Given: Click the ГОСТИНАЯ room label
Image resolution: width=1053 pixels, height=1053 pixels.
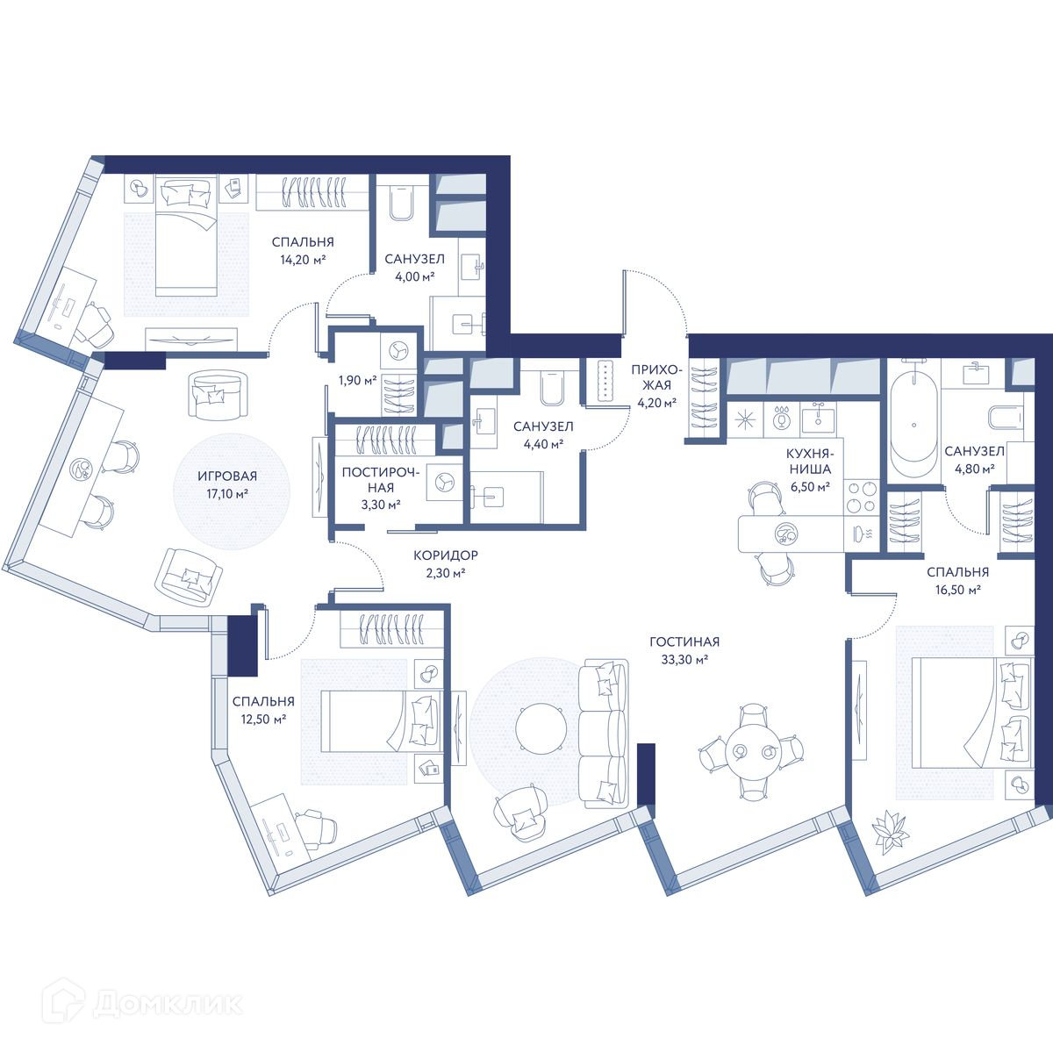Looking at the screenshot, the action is [684, 641].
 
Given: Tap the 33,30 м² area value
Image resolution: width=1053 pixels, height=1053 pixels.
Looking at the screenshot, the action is [684, 660].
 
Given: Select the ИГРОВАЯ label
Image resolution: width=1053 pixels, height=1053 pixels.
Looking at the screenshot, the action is [226, 476].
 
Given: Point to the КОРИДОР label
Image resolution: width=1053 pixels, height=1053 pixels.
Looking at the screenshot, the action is [446, 555].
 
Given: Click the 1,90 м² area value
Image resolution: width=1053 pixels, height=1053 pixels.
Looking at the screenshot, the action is [357, 380].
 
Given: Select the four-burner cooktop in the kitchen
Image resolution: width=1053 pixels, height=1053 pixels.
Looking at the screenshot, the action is [861, 498].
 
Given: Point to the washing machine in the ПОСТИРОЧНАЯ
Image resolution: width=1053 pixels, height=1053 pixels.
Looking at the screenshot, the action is [444, 482].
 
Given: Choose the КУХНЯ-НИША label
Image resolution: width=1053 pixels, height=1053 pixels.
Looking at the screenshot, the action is [810, 462].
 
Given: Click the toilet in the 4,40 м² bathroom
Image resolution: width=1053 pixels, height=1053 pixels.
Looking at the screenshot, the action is [553, 389].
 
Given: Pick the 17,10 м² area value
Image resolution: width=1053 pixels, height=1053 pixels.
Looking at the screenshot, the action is [227, 494].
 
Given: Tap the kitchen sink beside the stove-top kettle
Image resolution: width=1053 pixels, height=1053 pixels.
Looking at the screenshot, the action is [818, 419].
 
